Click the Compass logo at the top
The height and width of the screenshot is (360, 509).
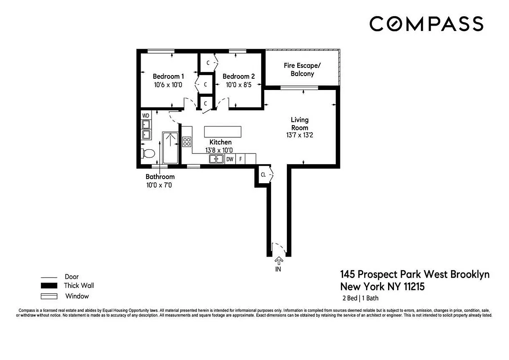coord(426,23)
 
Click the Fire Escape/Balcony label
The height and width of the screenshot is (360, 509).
coord(302,69)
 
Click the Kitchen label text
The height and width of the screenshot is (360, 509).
coord(220,142)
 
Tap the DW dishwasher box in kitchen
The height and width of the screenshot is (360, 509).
coord(230,159)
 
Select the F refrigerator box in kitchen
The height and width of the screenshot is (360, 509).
coord(241,159)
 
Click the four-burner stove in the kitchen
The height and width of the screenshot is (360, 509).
coord(187,142)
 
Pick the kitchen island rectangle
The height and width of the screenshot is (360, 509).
coord(223,131)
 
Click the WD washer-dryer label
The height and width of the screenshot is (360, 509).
coord(146,116)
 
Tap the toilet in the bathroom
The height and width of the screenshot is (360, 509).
coord(147,153)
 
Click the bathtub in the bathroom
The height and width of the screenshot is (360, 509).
coord(170,148)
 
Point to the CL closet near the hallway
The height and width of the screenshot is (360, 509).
coord(263,175)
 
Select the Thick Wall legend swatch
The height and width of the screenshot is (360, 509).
coord(49,286)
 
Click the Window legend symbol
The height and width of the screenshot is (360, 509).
coord(49,296)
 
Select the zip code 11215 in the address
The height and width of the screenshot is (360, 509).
coord(412,286)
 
